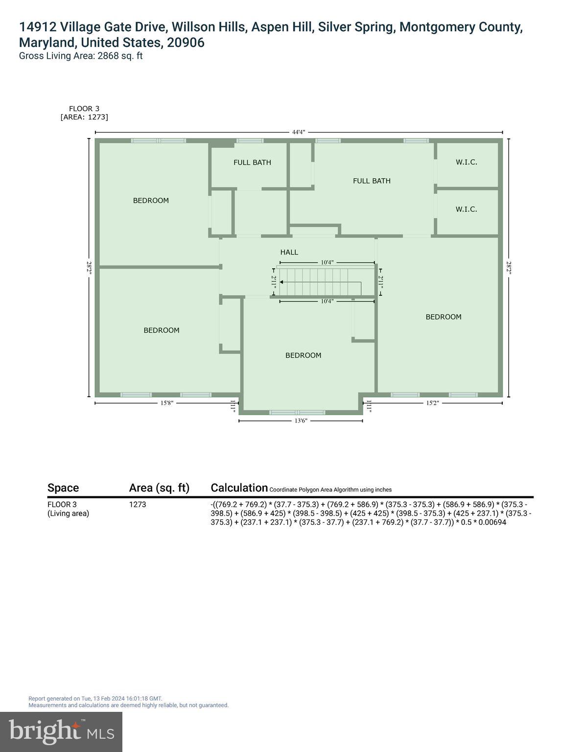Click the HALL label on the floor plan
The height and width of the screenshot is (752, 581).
tap(289, 252)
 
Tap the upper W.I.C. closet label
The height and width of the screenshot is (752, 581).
tap(466, 162)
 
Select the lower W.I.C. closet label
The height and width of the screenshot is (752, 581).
tap(466, 209)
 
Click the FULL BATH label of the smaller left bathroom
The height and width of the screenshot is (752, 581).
tap(252, 163)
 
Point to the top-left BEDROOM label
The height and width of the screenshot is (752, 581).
tap(151, 200)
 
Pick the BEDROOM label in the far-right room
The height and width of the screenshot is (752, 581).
tap(443, 317)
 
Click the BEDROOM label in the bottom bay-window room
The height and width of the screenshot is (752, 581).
tap(303, 355)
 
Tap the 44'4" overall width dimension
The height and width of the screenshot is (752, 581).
tap(299, 132)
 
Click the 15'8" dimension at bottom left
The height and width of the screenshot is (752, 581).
tap(167, 403)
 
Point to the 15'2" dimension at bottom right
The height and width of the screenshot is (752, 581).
tap(432, 403)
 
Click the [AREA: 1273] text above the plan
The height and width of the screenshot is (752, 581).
tap(84, 117)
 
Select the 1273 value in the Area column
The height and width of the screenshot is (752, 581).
tap(138, 504)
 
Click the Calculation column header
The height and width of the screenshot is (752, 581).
tap(239, 488)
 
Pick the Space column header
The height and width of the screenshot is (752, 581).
tap(63, 488)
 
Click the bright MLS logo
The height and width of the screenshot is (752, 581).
tap(61, 732)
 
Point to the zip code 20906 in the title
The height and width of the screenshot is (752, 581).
tap(186, 43)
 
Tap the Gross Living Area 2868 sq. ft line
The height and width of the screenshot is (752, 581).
tap(81, 56)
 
